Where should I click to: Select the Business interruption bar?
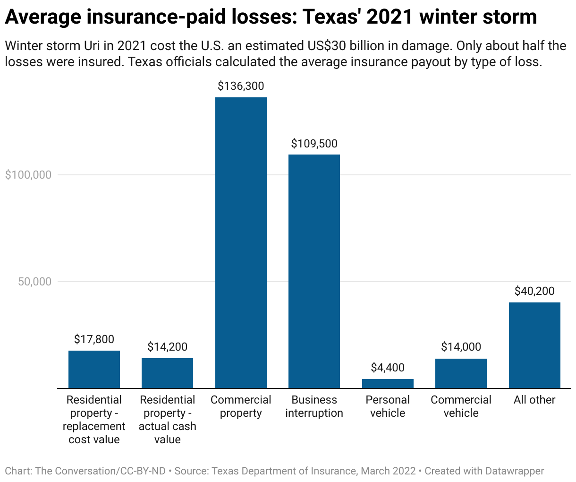[x=314, y=271]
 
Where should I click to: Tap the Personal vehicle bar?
[x=388, y=383]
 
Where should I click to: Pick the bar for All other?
[x=534, y=345]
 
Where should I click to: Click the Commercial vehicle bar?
[x=461, y=373]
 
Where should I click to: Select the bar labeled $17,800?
[x=94, y=369]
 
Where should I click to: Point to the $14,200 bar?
[x=167, y=373]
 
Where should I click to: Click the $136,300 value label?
[x=241, y=86]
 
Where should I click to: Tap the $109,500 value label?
[x=314, y=144]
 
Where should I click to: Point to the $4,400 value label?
[x=388, y=368]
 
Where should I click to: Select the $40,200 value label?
[x=534, y=291]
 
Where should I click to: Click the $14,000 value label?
[x=461, y=347]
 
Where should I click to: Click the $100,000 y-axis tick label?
[x=28, y=175]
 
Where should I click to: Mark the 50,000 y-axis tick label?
[x=34, y=282]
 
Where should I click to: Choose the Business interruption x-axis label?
[x=314, y=406]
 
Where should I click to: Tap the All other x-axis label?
[x=534, y=400]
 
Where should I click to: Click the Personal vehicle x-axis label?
[x=388, y=406]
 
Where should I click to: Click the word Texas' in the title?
[x=331, y=17]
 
